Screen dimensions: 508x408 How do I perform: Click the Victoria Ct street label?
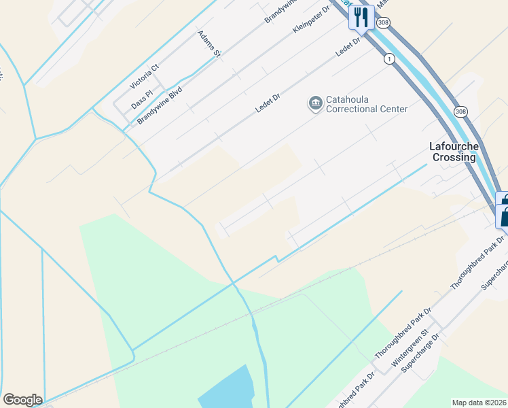point(144,76)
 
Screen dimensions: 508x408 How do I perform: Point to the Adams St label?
point(209,44)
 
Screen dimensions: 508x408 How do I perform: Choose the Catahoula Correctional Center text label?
point(366,104)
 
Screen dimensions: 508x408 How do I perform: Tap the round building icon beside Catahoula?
point(315,103)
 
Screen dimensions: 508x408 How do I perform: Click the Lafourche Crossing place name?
point(454,152)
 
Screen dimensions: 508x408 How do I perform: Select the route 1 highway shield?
point(389,59)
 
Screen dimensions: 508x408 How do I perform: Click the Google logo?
point(22,400)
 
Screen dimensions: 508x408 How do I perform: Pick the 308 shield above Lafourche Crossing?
point(461,112)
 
